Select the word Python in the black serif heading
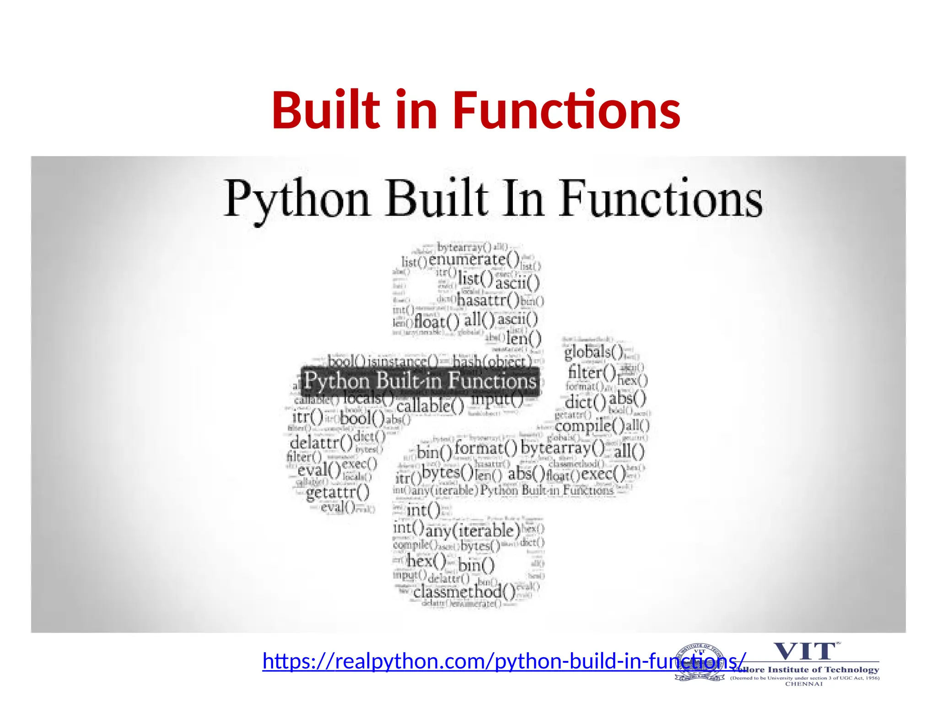[x=297, y=200]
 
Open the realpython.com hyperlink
[x=503, y=661]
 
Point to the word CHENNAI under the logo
[x=804, y=684]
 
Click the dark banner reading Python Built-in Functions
[x=420, y=381]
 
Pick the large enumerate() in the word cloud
[x=474, y=260]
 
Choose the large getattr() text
[x=338, y=492]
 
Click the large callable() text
[x=430, y=406]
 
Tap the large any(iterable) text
[x=473, y=531]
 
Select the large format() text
[x=485, y=448]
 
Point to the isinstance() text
[x=403, y=362]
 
